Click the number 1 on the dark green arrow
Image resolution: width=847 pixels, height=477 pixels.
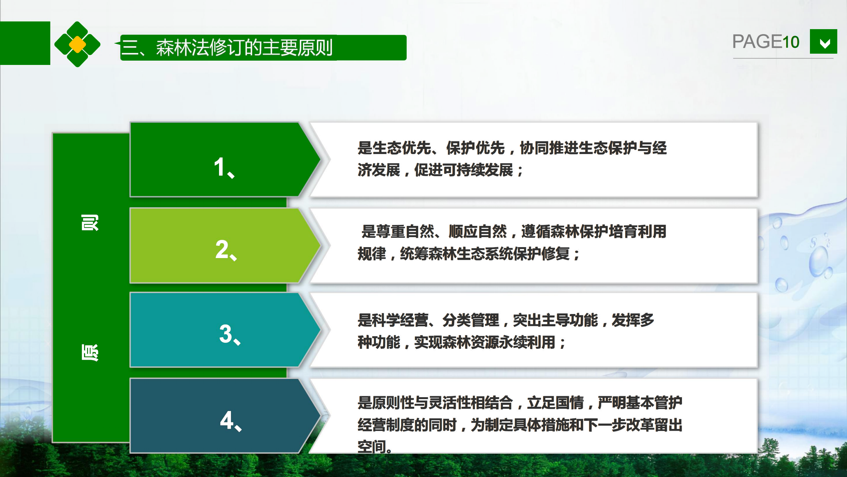tap(219, 167)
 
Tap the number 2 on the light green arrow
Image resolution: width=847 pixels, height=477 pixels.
tap(222, 249)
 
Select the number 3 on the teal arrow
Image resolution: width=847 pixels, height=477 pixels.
tap(226, 334)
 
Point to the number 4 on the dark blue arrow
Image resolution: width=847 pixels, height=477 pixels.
tap(227, 420)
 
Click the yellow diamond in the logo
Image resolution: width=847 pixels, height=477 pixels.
tap(77, 44)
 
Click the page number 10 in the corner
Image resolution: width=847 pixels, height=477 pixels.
tap(790, 42)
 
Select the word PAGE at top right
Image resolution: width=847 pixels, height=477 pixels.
tap(757, 42)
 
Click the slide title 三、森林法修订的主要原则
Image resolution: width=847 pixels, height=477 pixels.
tap(227, 48)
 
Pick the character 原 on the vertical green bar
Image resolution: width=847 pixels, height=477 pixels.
tap(90, 352)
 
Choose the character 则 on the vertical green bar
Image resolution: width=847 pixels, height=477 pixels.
tap(90, 223)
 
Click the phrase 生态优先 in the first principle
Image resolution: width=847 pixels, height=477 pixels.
tap(402, 148)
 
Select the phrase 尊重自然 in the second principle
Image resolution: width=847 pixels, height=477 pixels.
tap(405, 231)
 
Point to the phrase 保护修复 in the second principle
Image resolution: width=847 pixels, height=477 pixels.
tap(542, 254)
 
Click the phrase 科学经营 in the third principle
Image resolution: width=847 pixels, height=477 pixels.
tap(400, 320)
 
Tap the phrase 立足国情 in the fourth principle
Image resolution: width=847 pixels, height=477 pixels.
tap(556, 403)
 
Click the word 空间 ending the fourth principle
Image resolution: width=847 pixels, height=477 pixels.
tap(372, 447)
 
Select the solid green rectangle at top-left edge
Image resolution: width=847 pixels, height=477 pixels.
tap(25, 43)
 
